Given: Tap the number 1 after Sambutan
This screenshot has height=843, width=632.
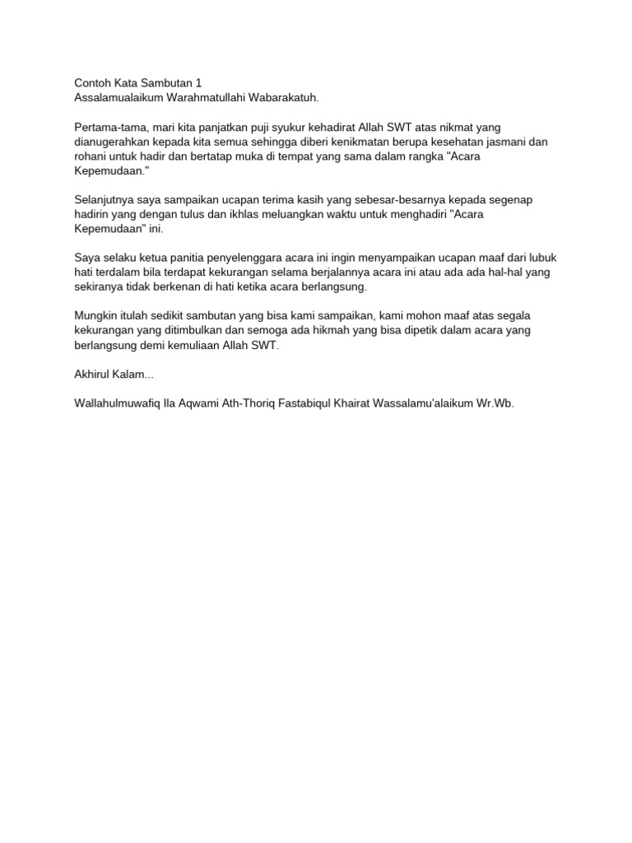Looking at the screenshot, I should point(198,83).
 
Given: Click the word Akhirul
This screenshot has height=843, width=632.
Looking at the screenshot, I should point(93,374).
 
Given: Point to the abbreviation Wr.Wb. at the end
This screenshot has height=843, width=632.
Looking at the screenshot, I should point(495,403).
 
